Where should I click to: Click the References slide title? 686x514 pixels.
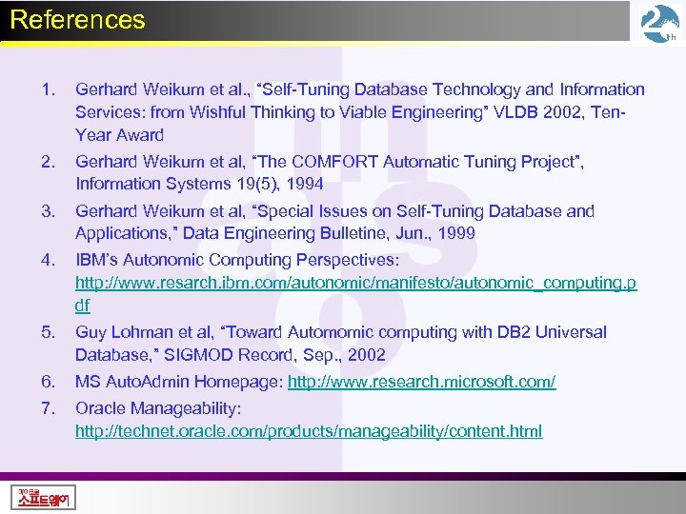tap(77, 20)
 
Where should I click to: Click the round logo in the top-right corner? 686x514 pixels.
tap(659, 24)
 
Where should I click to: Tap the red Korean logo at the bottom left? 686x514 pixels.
tap(45, 496)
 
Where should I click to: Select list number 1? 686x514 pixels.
tap(49, 89)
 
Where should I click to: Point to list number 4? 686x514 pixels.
tap(49, 260)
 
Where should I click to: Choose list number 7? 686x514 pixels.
tap(49, 408)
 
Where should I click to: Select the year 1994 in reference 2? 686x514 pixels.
tap(305, 185)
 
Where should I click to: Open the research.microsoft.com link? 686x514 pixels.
tap(421, 382)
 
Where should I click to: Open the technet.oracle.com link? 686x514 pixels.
tap(309, 431)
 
